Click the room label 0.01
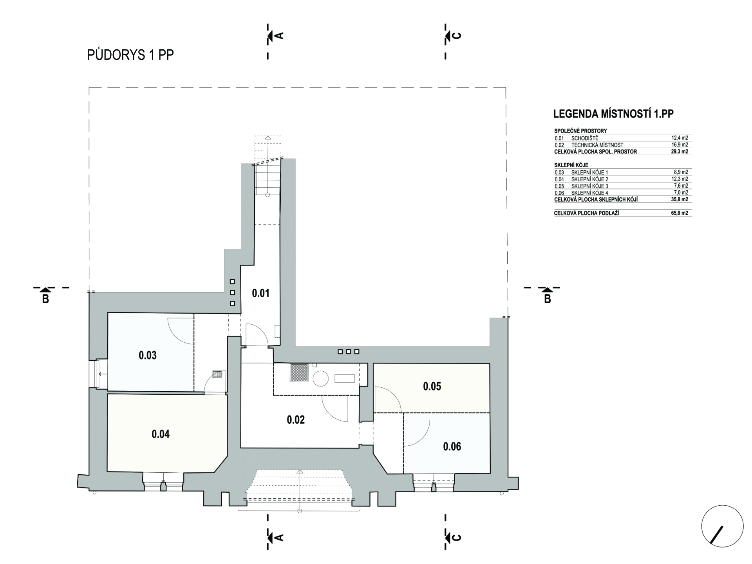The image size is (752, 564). point(260,293)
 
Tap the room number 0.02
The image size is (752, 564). point(296,420)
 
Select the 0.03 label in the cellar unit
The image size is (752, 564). point(148,355)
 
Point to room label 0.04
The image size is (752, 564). point(161,434)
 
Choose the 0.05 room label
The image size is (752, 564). point(432,386)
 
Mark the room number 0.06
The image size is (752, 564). point(452,446)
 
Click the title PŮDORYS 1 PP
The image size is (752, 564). point(130,55)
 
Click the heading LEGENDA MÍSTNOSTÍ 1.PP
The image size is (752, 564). point(613,114)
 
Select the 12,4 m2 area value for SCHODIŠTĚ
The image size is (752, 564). point(680,138)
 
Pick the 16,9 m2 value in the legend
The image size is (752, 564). point(680,145)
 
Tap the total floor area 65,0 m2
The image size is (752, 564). point(680,213)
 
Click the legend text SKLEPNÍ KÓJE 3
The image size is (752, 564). point(590,186)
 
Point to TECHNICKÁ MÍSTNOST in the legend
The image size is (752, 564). point(597,145)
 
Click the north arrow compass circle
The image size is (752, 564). point(723,526)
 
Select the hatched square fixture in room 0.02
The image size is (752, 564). point(299,372)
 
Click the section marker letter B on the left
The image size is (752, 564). point(45,299)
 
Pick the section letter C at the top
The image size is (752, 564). point(457,36)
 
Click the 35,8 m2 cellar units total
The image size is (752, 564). point(680,199)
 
